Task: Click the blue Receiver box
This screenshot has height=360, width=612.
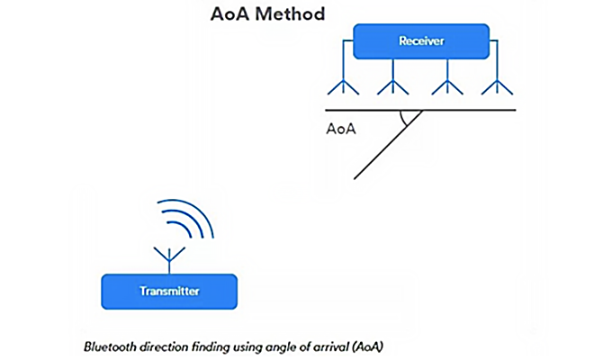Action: (421, 40)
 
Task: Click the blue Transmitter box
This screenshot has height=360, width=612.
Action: (169, 291)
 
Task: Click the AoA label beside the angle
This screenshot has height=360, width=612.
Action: (341, 129)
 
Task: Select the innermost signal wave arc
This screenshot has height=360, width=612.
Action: (178, 237)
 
